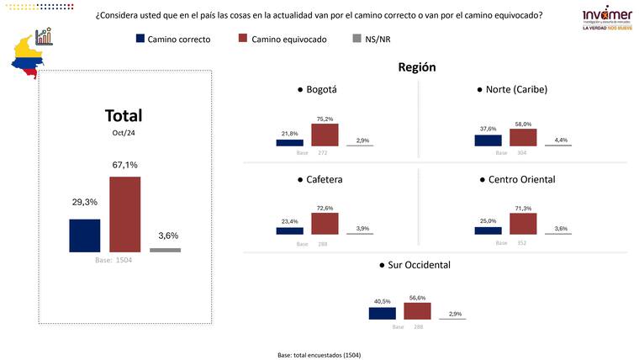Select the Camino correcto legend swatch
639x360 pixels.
point(140,39)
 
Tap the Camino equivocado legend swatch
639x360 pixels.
point(244,39)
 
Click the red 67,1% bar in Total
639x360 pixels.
point(124,214)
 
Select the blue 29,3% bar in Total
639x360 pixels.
point(84,236)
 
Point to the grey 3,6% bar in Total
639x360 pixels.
point(165,250)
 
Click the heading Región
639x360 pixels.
point(417,67)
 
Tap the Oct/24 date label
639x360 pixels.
point(123,133)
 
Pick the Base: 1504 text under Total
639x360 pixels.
point(113,261)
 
